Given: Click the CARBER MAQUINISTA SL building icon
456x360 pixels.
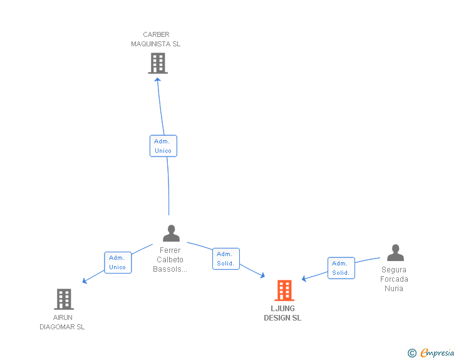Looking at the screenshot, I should coord(158,63).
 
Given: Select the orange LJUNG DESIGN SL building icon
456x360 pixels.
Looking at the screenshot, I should coord(284,291).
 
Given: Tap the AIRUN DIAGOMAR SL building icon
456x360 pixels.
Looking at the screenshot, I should coord(64,299).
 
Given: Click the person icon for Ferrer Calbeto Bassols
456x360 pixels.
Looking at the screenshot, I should coord(171,234).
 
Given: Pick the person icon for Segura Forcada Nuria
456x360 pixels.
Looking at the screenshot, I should coord(395,253).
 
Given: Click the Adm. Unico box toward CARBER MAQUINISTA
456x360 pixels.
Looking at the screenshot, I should coord(163,146).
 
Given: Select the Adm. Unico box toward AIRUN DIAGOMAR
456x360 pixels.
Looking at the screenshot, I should coord(118,262).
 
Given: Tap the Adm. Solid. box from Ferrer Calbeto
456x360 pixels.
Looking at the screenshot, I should coord(225,259).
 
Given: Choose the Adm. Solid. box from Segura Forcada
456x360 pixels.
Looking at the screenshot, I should coord(341,268).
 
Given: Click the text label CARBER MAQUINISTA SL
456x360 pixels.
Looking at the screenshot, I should coord(156,39).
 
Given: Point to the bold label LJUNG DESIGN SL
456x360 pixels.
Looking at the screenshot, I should coord(282,313).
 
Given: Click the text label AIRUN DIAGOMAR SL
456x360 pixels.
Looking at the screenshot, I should coord(62,322).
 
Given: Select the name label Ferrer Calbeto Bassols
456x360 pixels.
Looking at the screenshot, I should coord(170,260).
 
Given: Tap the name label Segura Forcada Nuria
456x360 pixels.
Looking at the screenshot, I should coord(394,279).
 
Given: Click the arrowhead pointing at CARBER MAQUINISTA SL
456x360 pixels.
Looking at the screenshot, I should coord(157,80).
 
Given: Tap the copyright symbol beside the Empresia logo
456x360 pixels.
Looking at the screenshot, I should coord(412,353).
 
